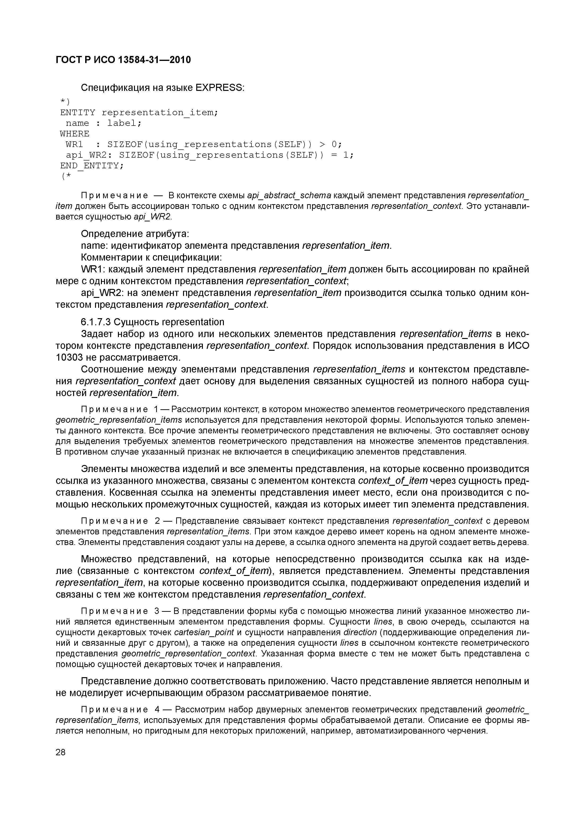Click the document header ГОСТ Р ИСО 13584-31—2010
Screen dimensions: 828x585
click(x=123, y=60)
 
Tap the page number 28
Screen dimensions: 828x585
click(x=61, y=752)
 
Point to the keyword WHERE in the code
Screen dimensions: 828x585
click(x=75, y=134)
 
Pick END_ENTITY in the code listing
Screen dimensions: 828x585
click(x=92, y=165)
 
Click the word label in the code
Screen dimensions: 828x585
click(x=121, y=123)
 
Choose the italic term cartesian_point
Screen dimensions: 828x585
click(x=204, y=632)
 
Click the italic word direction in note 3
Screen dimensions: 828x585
click(x=360, y=632)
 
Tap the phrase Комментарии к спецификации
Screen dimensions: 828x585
click(x=151, y=258)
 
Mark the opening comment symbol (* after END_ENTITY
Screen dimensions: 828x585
click(x=67, y=176)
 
